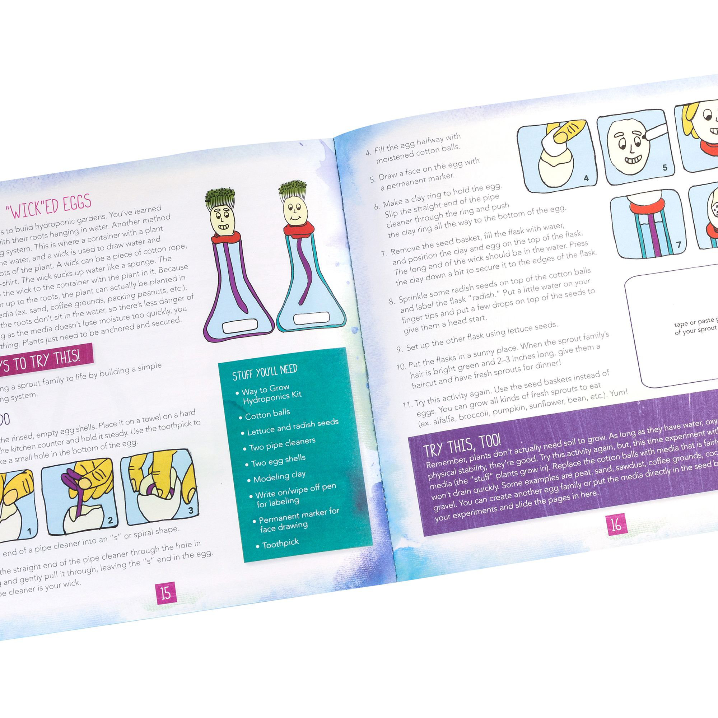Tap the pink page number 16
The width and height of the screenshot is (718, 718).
click(x=616, y=524)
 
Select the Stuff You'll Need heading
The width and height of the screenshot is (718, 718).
click(x=265, y=372)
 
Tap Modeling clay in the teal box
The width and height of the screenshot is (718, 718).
click(x=279, y=476)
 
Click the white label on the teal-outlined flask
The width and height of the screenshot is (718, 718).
click(x=311, y=318)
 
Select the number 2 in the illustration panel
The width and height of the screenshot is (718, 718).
click(x=110, y=521)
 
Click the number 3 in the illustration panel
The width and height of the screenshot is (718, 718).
click(x=191, y=510)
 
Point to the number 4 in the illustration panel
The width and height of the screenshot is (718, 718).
click(x=586, y=178)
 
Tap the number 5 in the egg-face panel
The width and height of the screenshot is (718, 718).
click(x=665, y=168)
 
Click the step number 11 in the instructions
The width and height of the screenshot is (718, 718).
click(x=407, y=404)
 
